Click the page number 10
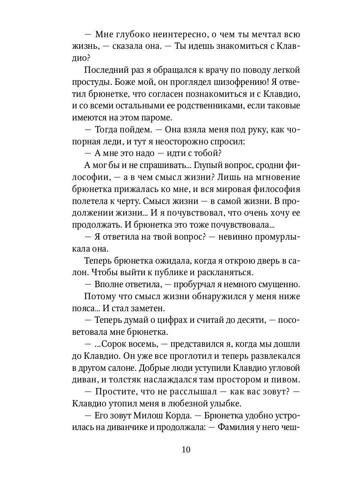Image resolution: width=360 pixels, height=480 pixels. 186,449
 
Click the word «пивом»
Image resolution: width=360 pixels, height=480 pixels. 285,379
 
